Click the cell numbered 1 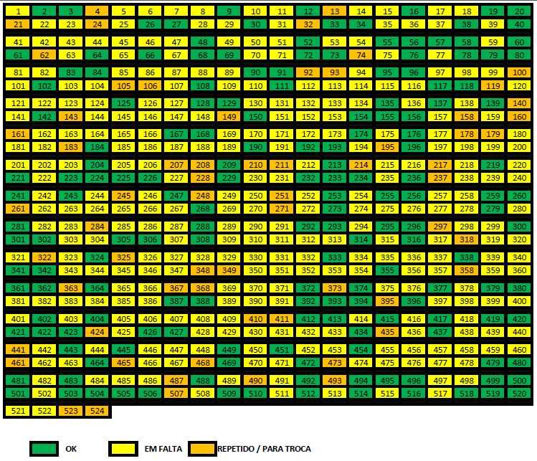(x=17, y=11)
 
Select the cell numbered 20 (x=518, y=11)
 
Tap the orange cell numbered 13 (x=333, y=11)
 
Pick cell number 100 (x=518, y=73)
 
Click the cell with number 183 (x=70, y=147)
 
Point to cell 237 (x=439, y=178)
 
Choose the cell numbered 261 (x=17, y=209)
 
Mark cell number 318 (x=465, y=239)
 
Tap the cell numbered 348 (x=202, y=270)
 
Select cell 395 (x=386, y=301)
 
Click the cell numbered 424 (x=96, y=332)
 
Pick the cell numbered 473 (x=333, y=363)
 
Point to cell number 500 (x=518, y=381)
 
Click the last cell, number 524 (x=96, y=412)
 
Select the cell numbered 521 (x=17, y=412)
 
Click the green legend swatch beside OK (x=44, y=449)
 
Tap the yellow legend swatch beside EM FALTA (x=123, y=449)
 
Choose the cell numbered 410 (x=255, y=319)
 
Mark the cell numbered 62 (x=44, y=54)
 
